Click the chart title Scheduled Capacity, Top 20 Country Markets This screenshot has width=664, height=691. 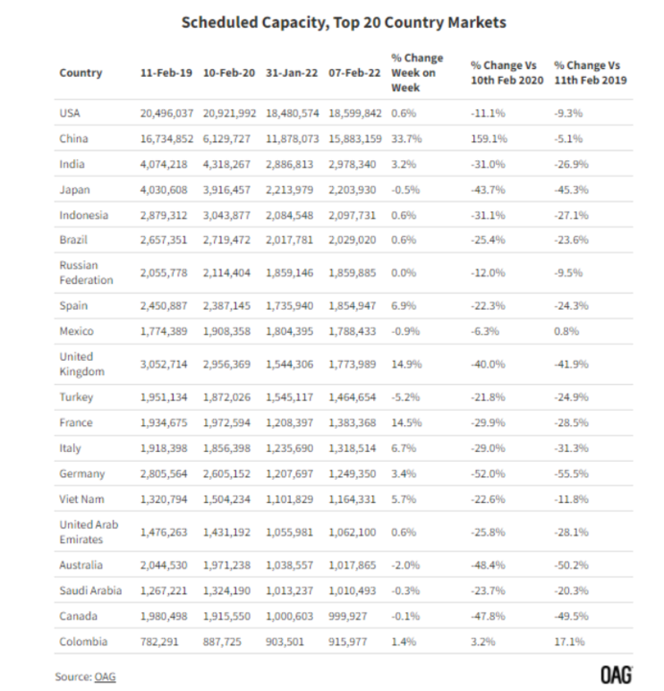pos(344,22)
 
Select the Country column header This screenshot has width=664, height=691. pos(81,73)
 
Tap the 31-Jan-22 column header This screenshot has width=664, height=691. pos(292,73)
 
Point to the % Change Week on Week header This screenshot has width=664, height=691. pos(416,73)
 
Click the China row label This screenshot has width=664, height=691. pos(74,138)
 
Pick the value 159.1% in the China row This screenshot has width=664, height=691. pos(488,139)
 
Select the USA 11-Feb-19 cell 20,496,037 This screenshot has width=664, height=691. pos(167,113)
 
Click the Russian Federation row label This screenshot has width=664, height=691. pos(86,273)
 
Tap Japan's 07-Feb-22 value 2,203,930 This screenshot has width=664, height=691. pos(352,190)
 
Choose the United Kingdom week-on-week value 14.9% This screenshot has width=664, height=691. pos(406,365)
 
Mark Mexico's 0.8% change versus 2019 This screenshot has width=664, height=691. pos(566,331)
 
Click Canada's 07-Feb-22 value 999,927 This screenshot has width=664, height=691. pos(347,616)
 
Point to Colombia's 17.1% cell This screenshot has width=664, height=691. pos(569,642)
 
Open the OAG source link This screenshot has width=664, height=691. pos(105,677)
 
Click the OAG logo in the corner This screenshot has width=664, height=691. pos(616,675)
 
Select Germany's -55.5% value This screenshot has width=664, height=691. pos(571,474)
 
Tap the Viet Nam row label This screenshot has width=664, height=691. pos(82,499)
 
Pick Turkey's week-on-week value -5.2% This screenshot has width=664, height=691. pos(405,397)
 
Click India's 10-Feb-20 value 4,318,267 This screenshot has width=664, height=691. pos(226,164)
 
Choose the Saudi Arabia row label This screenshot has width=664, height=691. pos(90,590)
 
